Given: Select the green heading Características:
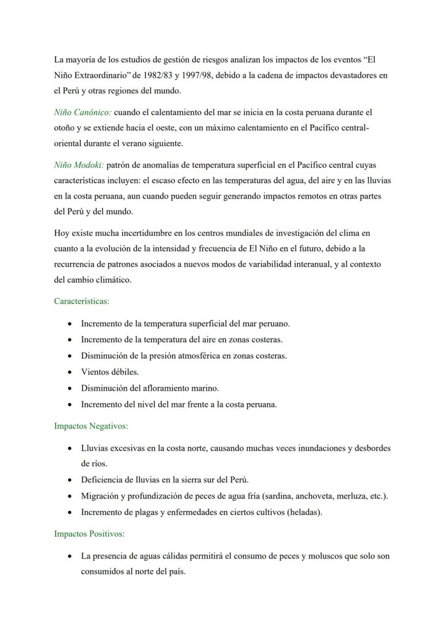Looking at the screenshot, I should [82, 301].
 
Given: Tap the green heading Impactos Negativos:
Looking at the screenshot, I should [91, 426].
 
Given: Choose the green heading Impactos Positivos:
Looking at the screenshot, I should [89, 534].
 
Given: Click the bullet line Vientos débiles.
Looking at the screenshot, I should [110, 372].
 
